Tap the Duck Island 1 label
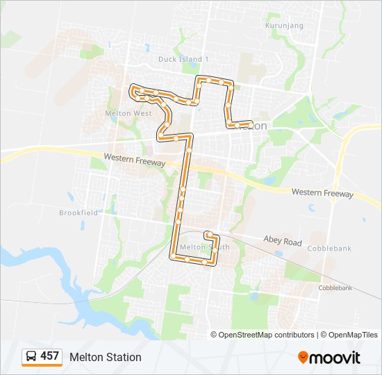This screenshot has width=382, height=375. click(x=183, y=59)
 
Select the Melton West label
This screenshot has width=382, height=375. click(x=128, y=112)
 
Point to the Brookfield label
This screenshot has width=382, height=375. click(x=78, y=212)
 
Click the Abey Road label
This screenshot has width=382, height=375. click(x=283, y=240)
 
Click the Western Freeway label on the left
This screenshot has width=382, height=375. click(x=135, y=160)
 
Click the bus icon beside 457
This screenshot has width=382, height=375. click(x=31, y=357)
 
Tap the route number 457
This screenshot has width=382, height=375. click(x=49, y=356)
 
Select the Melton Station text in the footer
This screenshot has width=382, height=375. click(x=105, y=357)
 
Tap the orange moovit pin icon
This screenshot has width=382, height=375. click(x=303, y=357)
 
